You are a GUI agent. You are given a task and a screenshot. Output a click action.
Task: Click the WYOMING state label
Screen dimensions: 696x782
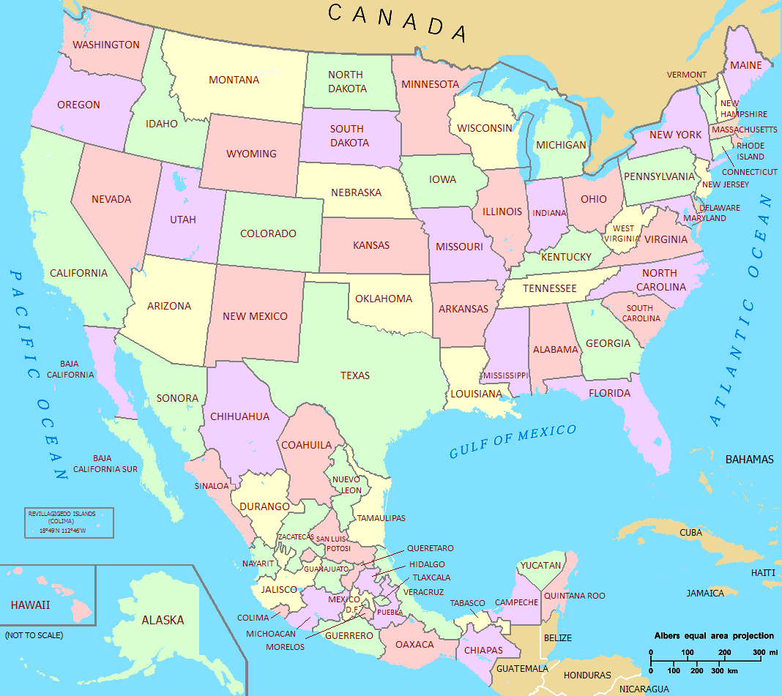click(251, 154)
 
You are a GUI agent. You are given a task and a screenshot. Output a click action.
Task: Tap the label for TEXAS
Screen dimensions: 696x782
click(355, 375)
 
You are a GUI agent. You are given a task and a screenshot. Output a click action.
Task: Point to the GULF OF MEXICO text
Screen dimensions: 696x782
click(513, 441)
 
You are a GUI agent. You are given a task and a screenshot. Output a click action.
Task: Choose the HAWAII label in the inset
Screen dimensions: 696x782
click(30, 605)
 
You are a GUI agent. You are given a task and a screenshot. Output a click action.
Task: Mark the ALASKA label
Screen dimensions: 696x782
click(163, 620)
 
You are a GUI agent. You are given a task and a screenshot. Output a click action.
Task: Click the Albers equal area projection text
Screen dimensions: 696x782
click(713, 635)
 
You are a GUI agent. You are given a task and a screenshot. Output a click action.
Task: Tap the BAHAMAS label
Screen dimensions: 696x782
click(749, 460)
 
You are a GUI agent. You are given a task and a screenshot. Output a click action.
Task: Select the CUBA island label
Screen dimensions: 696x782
click(691, 532)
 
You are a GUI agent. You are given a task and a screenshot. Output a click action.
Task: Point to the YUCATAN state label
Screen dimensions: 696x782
click(540, 565)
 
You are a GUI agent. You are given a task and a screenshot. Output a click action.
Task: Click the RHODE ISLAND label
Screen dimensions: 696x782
click(751, 151)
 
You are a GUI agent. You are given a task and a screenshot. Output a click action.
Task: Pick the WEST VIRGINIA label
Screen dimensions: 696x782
click(623, 233)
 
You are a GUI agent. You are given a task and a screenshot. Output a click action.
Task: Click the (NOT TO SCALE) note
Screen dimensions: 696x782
click(34, 635)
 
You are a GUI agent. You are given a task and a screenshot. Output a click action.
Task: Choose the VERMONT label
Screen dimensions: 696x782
click(686, 75)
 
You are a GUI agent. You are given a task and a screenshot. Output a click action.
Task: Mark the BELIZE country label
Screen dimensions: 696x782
click(557, 638)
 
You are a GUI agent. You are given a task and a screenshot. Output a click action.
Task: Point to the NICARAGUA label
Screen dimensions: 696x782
click(644, 689)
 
